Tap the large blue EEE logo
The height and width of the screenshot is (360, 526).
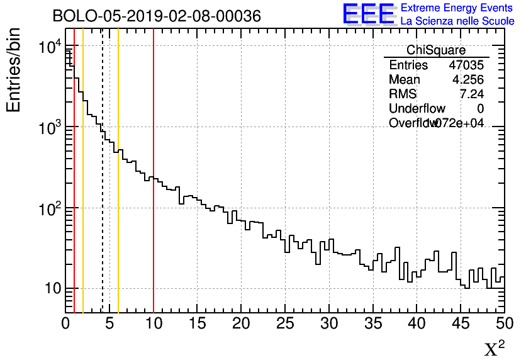click(368, 14)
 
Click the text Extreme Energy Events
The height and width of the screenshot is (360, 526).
click(457, 8)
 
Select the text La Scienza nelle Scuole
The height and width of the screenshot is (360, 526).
click(457, 21)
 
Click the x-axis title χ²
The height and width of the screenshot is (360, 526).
click(495, 348)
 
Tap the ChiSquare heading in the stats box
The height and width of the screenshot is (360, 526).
click(436, 50)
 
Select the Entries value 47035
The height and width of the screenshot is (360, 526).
click(466, 65)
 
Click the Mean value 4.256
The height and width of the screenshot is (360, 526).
click(468, 80)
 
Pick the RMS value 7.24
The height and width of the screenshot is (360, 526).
click(472, 94)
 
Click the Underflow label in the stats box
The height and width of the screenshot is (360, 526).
click(417, 109)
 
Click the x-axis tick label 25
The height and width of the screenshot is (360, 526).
click(285, 323)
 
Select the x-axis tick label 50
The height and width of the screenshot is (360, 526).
click(504, 323)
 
